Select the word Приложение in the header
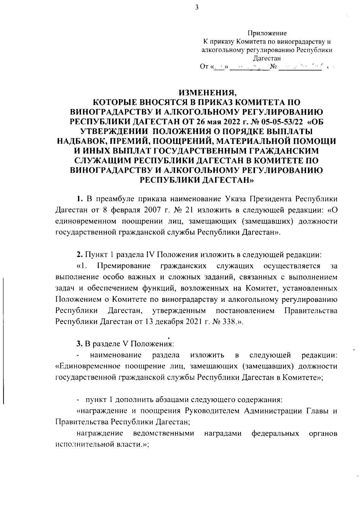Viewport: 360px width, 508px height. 267,33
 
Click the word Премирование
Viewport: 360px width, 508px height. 125,266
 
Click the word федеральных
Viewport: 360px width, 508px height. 275,433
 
